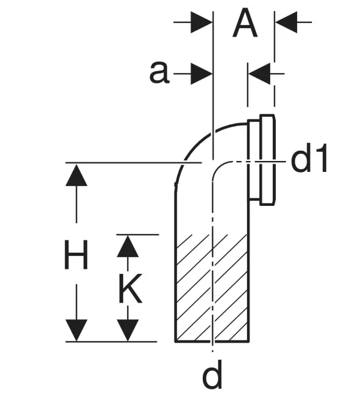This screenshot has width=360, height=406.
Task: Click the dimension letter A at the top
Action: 244,23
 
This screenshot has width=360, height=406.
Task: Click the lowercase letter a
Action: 159,72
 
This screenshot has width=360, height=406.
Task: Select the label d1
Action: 309,158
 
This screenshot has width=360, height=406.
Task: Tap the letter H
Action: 76,254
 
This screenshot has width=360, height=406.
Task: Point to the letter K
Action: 130,288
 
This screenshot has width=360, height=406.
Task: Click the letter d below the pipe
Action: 212,374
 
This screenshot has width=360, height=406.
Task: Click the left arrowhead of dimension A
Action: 201,22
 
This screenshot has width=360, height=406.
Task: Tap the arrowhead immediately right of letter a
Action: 201,74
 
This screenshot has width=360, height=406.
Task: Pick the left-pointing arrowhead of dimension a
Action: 259,74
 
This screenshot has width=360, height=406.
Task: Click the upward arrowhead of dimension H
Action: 76,175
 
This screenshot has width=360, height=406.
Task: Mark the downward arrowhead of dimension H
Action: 76,330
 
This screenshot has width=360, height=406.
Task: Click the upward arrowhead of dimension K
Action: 128,246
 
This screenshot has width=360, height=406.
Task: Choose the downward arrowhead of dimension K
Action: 128,330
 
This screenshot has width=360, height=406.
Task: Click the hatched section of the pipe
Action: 212,288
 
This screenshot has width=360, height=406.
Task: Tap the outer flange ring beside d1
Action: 268,160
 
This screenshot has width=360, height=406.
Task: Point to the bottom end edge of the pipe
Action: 212,342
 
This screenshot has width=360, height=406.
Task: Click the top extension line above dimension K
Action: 137,235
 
